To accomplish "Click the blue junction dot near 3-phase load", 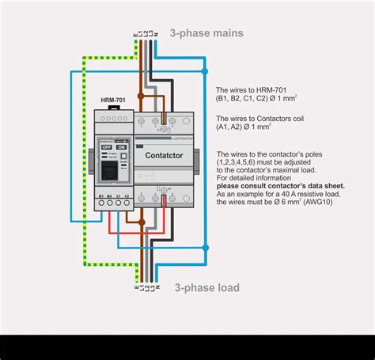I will [x=205, y=248].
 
